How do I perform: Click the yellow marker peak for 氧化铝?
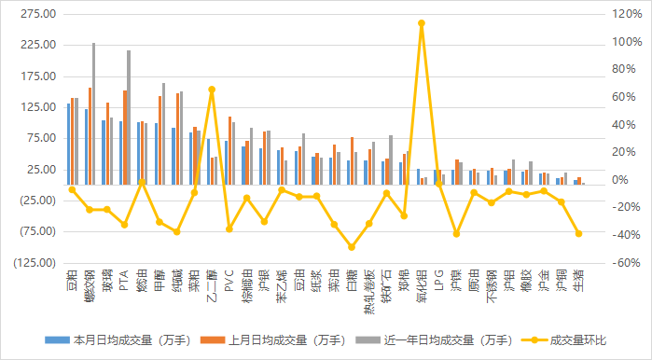coord(422,23)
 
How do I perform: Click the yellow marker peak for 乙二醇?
coord(212,90)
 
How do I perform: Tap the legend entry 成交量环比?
coord(579,340)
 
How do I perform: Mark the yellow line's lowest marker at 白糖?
coord(352,247)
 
